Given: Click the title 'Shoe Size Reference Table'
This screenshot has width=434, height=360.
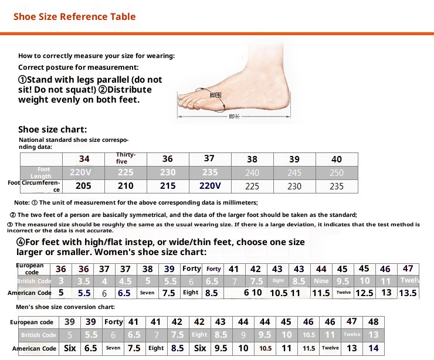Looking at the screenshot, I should (x=74, y=16).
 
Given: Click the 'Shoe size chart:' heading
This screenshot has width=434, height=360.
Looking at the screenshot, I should (x=53, y=130).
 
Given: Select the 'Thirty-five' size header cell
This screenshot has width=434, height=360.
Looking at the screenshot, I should (x=126, y=158).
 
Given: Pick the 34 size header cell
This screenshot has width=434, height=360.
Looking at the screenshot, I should (x=84, y=159).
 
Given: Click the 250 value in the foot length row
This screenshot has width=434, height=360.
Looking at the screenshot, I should (x=337, y=173).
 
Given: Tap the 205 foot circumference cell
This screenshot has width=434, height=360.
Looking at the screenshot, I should (x=84, y=186).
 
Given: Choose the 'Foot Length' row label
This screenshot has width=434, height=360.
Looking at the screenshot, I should (x=41, y=172).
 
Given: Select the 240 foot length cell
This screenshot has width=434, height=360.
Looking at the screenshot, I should (x=252, y=173).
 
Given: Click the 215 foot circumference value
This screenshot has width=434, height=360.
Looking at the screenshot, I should (x=168, y=186).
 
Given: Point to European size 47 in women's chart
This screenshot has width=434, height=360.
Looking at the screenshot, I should (x=408, y=269).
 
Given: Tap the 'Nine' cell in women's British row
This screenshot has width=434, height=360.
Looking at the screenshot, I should (x=321, y=281).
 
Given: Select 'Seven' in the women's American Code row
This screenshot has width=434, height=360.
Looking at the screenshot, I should (x=147, y=293).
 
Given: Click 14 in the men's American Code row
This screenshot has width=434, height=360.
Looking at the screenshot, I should (x=374, y=348).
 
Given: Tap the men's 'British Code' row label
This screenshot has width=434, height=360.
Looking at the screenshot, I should (x=39, y=335).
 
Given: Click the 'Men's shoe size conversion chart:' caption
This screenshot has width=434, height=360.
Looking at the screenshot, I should (x=65, y=307).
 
